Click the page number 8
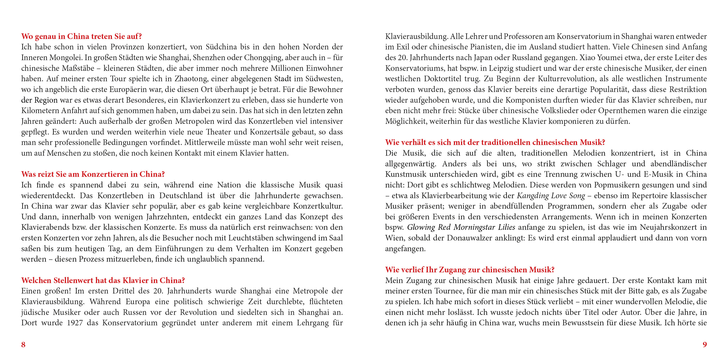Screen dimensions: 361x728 [23, 344]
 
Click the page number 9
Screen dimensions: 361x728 [705, 344]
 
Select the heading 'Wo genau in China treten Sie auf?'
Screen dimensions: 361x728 [82, 36]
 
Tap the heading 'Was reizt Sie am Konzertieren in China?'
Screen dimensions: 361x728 [93, 174]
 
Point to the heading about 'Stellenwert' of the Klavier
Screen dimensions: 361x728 [103, 280]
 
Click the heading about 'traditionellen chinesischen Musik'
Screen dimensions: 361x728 [495, 142]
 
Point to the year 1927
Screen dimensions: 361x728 [75, 323]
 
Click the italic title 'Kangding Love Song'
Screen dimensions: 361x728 [551, 196]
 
